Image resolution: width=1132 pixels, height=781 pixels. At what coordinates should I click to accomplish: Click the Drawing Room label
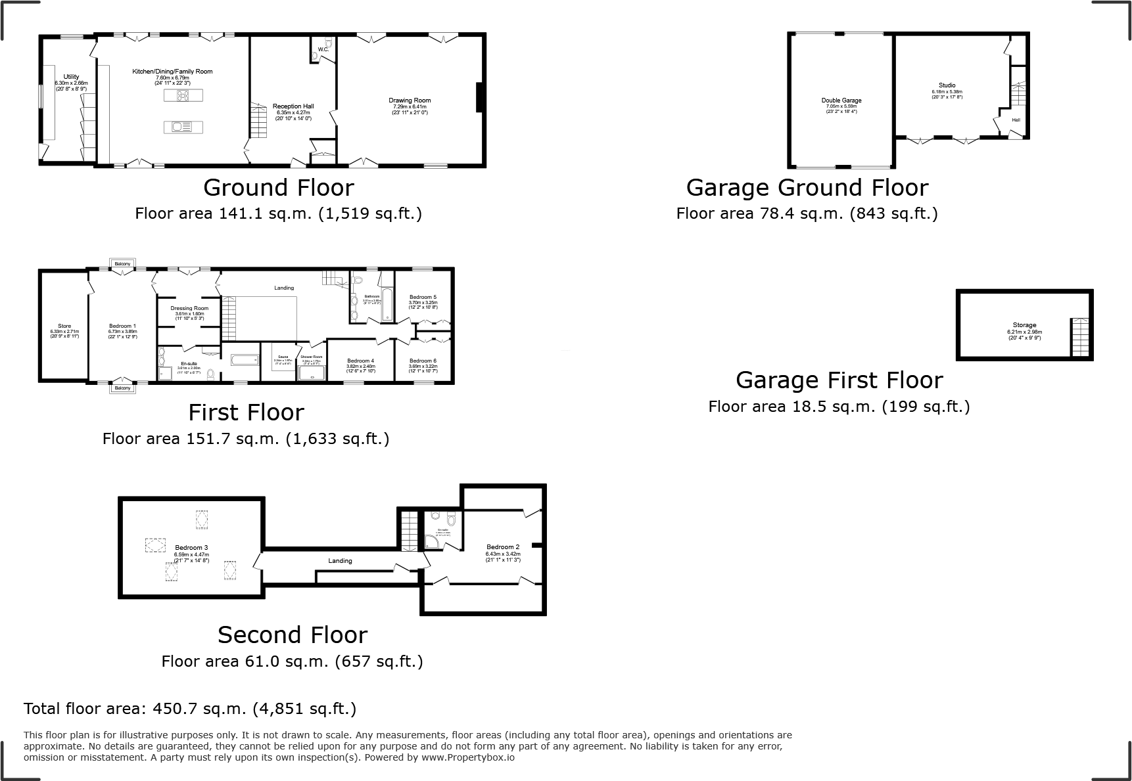coord(409,101)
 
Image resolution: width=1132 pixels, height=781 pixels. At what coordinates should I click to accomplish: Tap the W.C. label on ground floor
coord(323,49)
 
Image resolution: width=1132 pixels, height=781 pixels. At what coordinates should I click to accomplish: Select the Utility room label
coord(70,78)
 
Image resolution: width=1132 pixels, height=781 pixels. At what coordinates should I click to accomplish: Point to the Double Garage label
coord(841,100)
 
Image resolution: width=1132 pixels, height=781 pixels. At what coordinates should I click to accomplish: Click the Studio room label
coord(947,85)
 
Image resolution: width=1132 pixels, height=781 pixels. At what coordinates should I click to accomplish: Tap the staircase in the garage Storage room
coord(1079,337)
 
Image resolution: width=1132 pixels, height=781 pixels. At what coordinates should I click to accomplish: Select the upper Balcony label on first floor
coord(122,263)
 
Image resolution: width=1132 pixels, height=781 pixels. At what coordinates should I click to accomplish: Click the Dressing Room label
coord(189,308)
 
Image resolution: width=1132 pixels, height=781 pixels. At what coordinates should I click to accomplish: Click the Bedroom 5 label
coord(422,298)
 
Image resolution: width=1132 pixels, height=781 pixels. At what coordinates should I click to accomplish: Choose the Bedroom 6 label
coord(422,361)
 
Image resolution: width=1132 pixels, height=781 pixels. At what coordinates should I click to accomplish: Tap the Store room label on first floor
coord(64,326)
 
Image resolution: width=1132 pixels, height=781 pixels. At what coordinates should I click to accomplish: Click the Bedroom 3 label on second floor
coord(191,548)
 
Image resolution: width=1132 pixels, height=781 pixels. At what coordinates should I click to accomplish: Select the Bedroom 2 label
coord(503,547)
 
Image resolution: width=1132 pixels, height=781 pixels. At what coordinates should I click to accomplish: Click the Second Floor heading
coord(292,635)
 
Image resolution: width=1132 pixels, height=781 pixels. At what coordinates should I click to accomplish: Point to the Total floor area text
coord(189,709)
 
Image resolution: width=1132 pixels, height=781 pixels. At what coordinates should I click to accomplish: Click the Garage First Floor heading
coord(839,380)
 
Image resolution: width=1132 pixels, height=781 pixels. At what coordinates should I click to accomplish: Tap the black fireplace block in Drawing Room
coord(480,97)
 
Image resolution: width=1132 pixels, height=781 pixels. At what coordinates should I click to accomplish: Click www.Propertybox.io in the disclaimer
coord(467,757)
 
